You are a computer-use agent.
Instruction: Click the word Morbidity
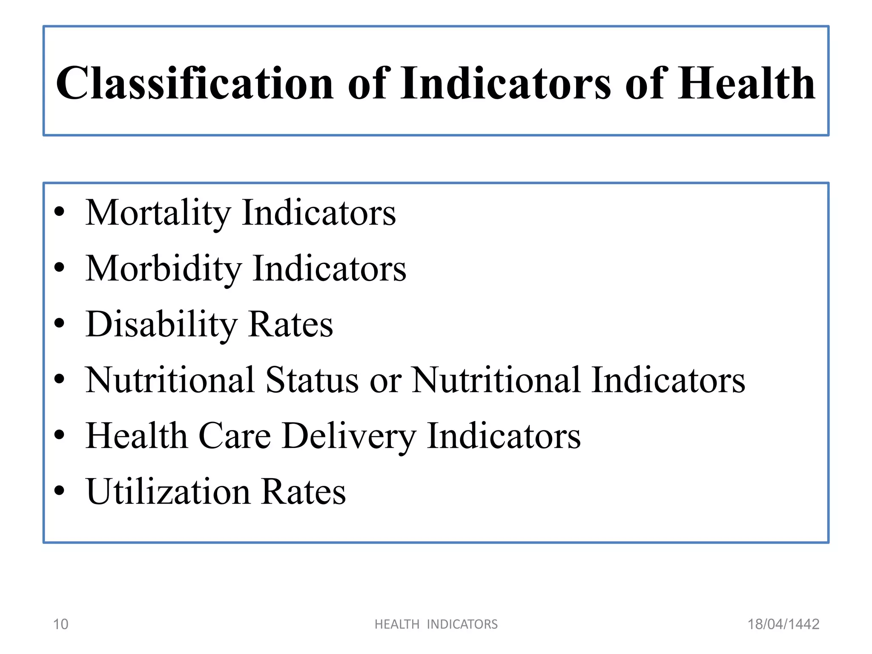[163, 269]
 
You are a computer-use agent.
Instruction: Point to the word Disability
[161, 324]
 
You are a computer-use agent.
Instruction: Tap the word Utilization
[168, 492]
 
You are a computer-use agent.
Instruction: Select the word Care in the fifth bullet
[235, 436]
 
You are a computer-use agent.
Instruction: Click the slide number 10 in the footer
[60, 624]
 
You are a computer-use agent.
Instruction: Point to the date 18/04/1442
[783, 624]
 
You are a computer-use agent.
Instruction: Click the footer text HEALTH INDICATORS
[436, 624]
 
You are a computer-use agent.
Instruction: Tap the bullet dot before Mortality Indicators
[60, 212]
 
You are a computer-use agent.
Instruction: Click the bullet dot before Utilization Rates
[60, 491]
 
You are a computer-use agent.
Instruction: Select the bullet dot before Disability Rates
[60, 324]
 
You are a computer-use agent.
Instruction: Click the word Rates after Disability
[290, 324]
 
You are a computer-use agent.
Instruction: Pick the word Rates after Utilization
[303, 492]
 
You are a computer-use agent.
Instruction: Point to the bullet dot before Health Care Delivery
[60, 435]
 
